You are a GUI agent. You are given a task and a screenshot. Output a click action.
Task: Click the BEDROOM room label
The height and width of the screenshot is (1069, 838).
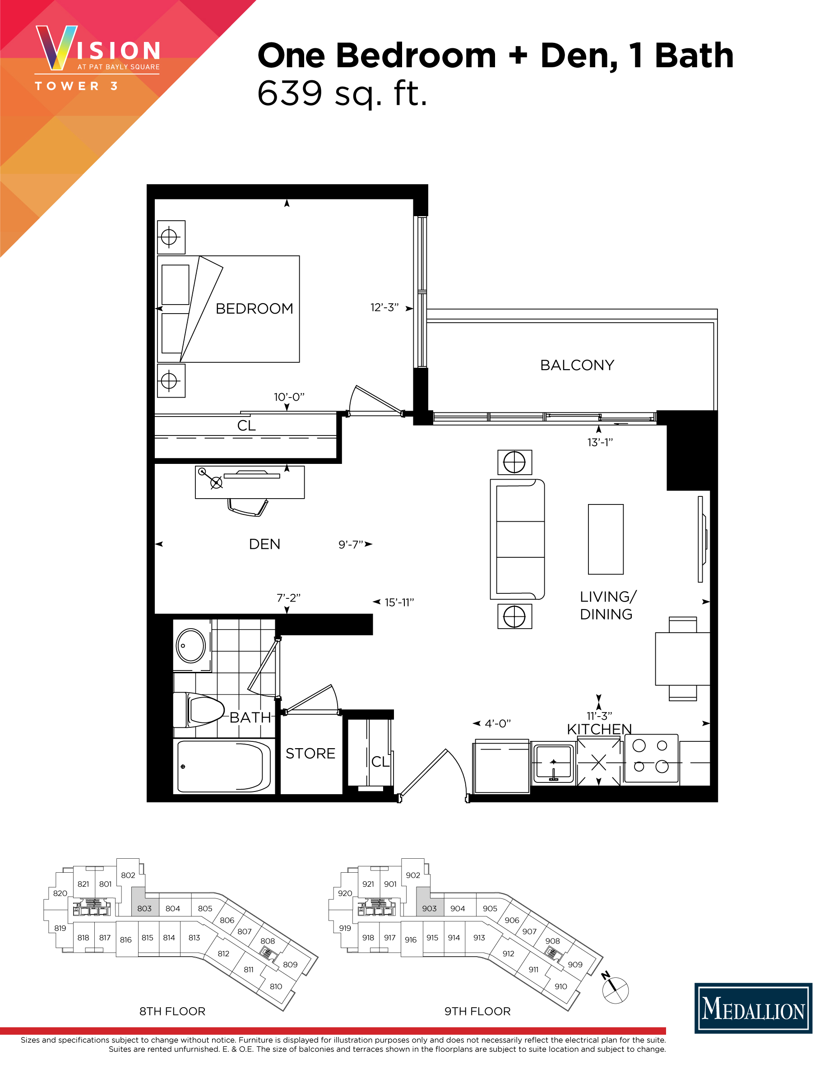point(254,309)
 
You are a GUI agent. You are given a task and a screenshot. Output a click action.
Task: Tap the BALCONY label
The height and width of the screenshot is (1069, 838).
point(577,365)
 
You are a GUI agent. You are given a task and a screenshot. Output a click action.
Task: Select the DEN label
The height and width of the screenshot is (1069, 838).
point(264,544)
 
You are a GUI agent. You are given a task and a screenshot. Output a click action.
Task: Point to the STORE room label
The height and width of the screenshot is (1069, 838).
point(310,754)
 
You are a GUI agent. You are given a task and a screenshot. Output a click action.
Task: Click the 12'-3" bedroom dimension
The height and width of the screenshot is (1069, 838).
point(384,308)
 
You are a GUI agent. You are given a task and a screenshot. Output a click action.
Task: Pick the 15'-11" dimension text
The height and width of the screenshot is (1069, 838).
point(399,602)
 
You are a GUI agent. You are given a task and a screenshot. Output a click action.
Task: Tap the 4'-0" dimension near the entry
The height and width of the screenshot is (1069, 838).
point(497,724)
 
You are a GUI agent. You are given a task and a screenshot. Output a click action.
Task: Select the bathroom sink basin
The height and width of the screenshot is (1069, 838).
point(190,646)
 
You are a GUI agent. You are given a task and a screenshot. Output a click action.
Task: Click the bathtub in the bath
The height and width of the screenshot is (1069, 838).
point(223,766)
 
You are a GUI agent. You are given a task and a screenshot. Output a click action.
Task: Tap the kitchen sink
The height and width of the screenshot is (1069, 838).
point(553,764)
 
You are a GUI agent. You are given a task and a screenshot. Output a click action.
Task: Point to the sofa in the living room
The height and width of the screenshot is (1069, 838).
point(517,539)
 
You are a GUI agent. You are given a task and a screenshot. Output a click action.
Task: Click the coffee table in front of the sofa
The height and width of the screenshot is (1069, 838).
point(606,539)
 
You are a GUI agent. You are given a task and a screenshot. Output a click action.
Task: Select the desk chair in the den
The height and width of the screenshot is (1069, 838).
point(247,508)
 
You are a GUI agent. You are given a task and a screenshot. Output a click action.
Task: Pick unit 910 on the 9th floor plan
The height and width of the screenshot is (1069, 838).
point(561,986)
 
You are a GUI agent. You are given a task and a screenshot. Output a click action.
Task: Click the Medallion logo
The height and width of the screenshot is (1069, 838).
point(753,1010)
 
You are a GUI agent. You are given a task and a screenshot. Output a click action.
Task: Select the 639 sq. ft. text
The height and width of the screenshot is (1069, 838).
point(342,93)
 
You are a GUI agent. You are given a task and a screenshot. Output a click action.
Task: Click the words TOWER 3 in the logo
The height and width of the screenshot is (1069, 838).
point(77,86)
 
